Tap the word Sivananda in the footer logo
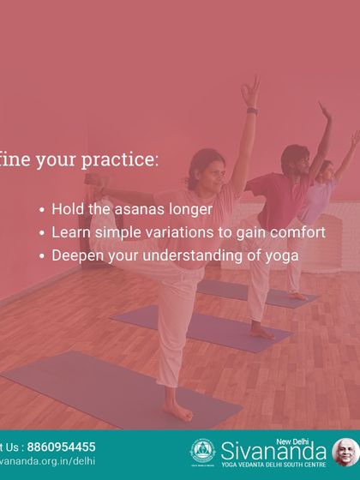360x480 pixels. tap(274, 450)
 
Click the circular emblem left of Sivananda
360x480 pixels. tap(202, 451)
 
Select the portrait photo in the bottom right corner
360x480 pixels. tap(345, 451)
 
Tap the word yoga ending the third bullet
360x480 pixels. tap(282, 255)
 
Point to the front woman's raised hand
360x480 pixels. tap(249, 89)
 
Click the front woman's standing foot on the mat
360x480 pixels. tap(179, 413)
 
